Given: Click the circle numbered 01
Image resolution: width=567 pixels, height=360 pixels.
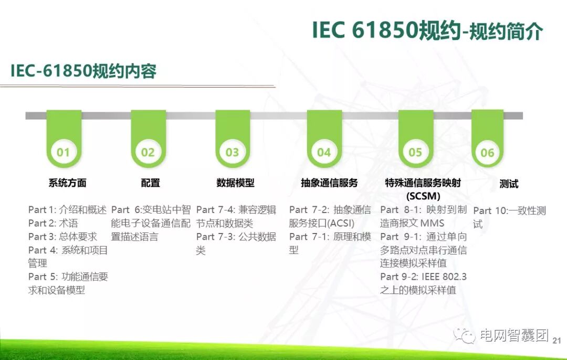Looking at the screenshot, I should [x=64, y=152].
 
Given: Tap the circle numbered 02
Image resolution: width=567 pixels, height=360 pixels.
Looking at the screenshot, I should [x=148, y=152].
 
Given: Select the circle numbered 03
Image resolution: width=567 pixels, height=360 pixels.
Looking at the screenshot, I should [x=233, y=152].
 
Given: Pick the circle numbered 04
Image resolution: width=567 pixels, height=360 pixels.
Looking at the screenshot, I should [x=324, y=152].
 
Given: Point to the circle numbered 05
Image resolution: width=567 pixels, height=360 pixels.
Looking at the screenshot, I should [x=415, y=152].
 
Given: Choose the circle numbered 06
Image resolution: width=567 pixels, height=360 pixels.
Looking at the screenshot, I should [x=487, y=153].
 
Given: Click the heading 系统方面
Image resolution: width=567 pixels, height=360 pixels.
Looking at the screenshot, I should [x=67, y=183].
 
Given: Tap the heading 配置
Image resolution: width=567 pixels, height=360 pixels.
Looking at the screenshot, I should [x=151, y=183].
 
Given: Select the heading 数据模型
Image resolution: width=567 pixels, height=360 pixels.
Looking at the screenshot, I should [x=235, y=183].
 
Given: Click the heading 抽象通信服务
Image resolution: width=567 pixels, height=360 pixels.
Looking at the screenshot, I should [x=329, y=183].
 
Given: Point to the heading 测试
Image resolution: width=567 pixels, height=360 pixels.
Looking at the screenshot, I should [x=509, y=184].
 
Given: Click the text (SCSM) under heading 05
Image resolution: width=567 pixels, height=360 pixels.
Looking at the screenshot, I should [x=423, y=196].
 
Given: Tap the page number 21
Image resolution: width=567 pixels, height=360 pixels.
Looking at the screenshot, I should [x=557, y=340].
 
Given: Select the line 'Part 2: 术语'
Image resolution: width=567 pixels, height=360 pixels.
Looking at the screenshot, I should [x=53, y=224].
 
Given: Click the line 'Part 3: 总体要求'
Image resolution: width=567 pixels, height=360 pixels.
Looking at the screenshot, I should [x=62, y=237].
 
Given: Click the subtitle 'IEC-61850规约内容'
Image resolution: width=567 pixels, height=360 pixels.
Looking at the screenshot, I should [x=83, y=71].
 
